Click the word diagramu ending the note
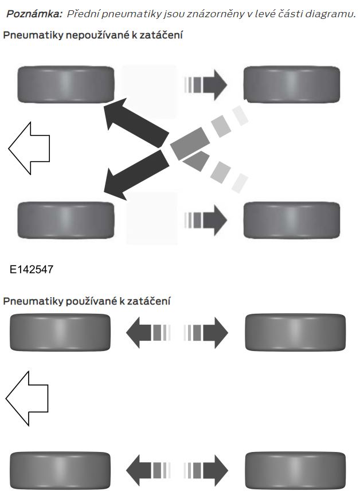click(331, 14)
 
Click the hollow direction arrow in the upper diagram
click(29, 147)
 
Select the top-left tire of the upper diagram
click(66, 82)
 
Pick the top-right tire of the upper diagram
click(291, 82)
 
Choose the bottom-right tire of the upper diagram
click(291, 219)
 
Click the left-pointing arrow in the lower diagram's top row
click(147, 333)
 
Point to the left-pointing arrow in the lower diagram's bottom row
click(147, 467)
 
